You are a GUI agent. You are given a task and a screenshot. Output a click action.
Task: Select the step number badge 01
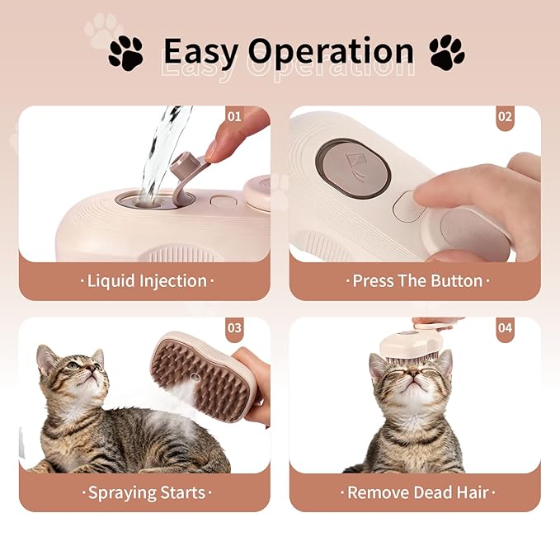coord(234,116)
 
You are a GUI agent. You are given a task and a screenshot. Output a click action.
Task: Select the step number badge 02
coord(505,116)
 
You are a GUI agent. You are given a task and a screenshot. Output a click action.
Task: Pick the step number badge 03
coord(234,328)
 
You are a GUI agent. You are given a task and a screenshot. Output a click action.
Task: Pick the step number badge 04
coord(505,328)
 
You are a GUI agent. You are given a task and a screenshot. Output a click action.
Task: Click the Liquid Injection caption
coord(146,281)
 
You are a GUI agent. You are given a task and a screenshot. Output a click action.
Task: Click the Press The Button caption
coord(416,281)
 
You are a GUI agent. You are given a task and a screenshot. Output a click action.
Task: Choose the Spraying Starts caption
coord(146,493)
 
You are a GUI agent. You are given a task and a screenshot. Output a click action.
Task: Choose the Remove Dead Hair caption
coord(416,493)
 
